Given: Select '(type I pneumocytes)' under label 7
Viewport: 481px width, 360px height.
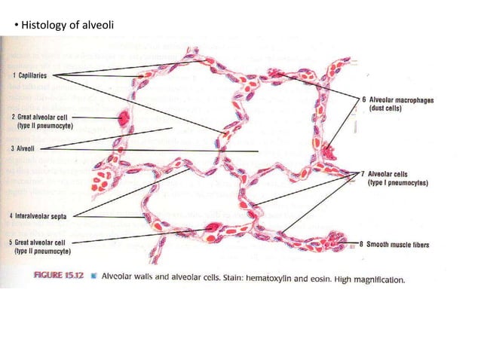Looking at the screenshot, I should point(398,182).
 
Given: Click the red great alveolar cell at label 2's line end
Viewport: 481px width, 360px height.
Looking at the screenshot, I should point(123,118).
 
